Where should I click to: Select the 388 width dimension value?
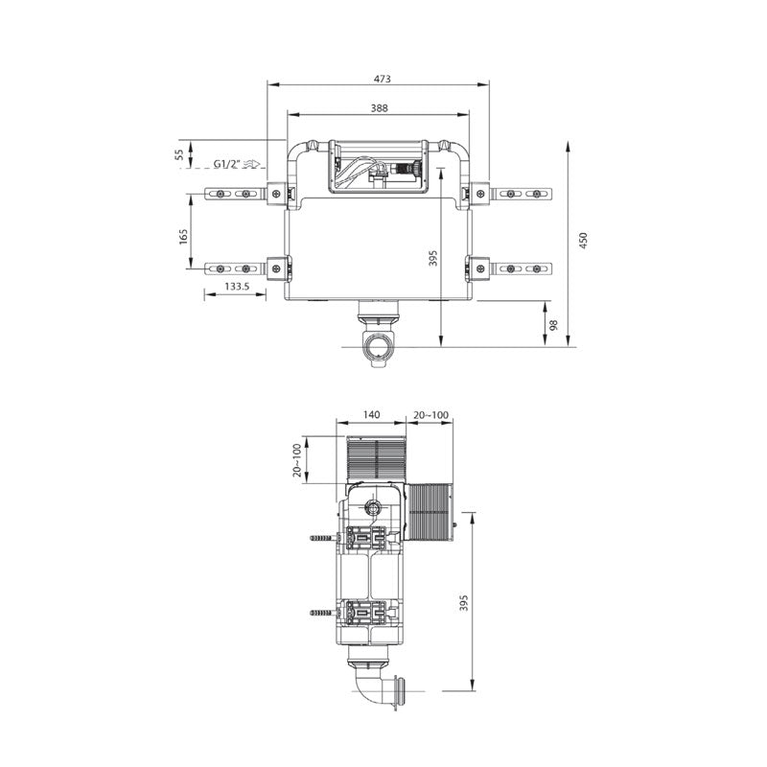379,108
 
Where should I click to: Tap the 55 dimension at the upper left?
179,156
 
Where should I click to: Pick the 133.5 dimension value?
237,286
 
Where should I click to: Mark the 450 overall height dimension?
583,242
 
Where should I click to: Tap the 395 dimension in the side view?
465,602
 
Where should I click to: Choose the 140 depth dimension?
372,415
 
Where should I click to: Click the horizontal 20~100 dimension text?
430,415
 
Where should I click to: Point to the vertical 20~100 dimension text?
297,460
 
